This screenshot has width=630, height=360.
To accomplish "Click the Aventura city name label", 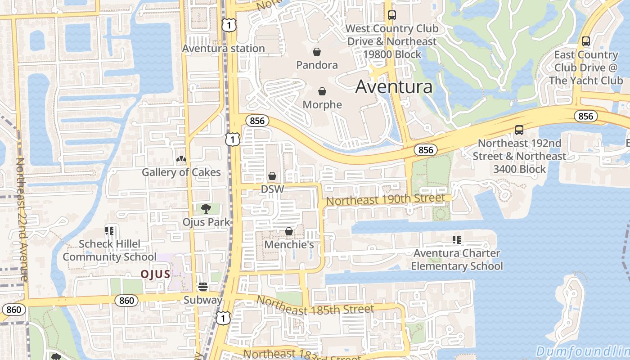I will pos(394,86).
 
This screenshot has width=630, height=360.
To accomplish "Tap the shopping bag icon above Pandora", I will pos(317,52).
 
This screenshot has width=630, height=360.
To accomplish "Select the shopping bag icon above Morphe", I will pos(322,92).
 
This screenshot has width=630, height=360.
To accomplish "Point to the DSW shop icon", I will pos(272,176).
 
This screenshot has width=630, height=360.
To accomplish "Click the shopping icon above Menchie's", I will pos(289,231).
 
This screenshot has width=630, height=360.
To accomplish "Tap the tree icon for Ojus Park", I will pos(206,208).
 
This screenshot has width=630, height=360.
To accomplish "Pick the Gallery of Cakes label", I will pos(181,172).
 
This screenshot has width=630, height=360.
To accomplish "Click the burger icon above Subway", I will pos(202,287).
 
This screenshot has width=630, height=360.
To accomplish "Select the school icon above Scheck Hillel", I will pos(109,231).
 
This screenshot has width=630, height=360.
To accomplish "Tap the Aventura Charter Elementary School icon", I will pos(457,240).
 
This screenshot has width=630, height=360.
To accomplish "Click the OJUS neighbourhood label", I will pos(155,274).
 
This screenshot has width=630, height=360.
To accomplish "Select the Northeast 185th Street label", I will pos(315,306).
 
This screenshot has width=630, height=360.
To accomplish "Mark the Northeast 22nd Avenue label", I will pos(22,219).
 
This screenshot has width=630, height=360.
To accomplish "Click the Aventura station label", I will pos(223,49).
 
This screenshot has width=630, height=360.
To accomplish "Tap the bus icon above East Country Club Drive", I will pos(586,41).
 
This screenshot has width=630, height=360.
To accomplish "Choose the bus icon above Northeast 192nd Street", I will pos(519,130).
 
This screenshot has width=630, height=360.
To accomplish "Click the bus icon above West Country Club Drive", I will pos(391,15).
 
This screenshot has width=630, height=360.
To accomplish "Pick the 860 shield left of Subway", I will pos(126,300).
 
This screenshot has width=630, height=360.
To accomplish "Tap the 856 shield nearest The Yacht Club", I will pos(585,116).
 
